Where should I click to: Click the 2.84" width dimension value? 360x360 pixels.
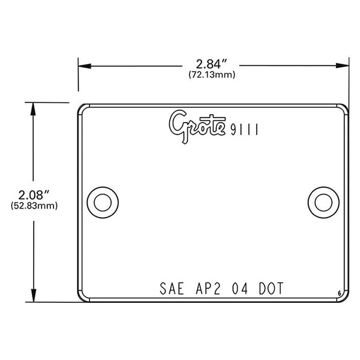click(212, 64)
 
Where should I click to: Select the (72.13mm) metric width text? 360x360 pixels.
click(212, 75)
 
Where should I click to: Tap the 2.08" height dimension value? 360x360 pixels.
click(34, 195)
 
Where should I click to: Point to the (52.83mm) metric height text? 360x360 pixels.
click(33, 206)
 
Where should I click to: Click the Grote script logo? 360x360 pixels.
click(197, 126)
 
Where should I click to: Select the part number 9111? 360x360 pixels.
click(244, 130)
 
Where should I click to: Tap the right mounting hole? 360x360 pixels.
click(324, 202)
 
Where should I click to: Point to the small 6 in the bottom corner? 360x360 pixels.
click(340, 294)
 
